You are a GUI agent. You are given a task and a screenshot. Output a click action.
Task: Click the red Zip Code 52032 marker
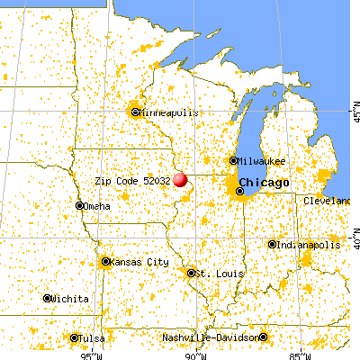point(180,179)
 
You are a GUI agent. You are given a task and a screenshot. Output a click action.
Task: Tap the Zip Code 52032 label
point(132,181)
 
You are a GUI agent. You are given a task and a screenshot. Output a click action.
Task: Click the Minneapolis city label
point(166,112)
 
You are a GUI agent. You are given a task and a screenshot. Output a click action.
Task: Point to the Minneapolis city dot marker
point(136,112)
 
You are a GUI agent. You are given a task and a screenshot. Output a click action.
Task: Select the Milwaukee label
point(263,161)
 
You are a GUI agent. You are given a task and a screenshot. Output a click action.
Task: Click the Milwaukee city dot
point(233,161)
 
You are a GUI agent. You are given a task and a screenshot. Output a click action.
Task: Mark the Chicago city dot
point(239,191)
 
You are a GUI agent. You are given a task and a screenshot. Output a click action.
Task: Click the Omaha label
point(97,205)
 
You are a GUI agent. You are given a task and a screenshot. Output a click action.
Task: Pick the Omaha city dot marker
point(79,205)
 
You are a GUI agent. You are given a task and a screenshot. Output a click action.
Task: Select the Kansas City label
point(139,262)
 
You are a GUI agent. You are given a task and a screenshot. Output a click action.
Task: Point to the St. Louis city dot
point(191,272)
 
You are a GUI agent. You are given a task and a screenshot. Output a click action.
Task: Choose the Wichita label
point(71,298)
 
